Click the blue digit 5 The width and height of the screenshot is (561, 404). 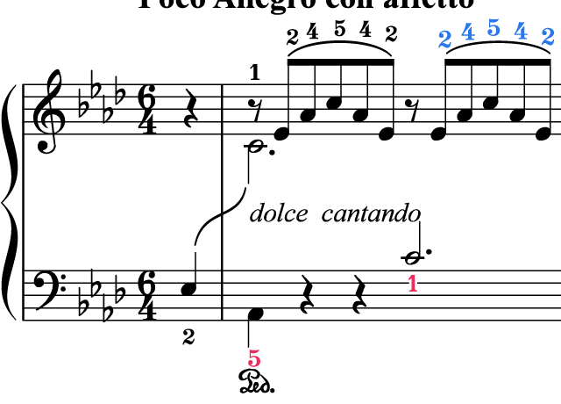tap(494, 28)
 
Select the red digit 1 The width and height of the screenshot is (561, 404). tap(413, 284)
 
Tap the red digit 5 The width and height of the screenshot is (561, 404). tap(254, 358)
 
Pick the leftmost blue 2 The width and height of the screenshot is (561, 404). tap(444, 40)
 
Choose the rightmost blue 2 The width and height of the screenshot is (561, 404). tap(548, 37)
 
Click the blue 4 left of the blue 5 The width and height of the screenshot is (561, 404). tap(468, 32)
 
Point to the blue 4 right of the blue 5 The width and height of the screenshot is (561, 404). tap(521, 32)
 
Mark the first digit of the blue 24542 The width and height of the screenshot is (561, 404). tap(444, 40)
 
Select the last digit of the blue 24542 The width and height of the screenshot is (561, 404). tap(548, 37)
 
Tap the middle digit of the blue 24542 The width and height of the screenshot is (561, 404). tap(494, 28)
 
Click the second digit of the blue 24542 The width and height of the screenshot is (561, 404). tap(468, 32)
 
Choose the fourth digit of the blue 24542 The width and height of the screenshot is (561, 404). tap(521, 32)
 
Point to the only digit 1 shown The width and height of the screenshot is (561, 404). tap(413, 284)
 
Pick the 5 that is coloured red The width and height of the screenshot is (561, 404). tap(254, 358)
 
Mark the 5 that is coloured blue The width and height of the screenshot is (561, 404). tap(494, 28)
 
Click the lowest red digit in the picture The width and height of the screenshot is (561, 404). tap(254, 358)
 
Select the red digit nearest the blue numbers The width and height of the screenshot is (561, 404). tap(413, 284)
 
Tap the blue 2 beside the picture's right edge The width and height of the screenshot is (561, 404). tap(548, 37)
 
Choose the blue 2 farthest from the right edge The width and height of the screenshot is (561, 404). tap(444, 40)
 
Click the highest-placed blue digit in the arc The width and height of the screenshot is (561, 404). tap(494, 28)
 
